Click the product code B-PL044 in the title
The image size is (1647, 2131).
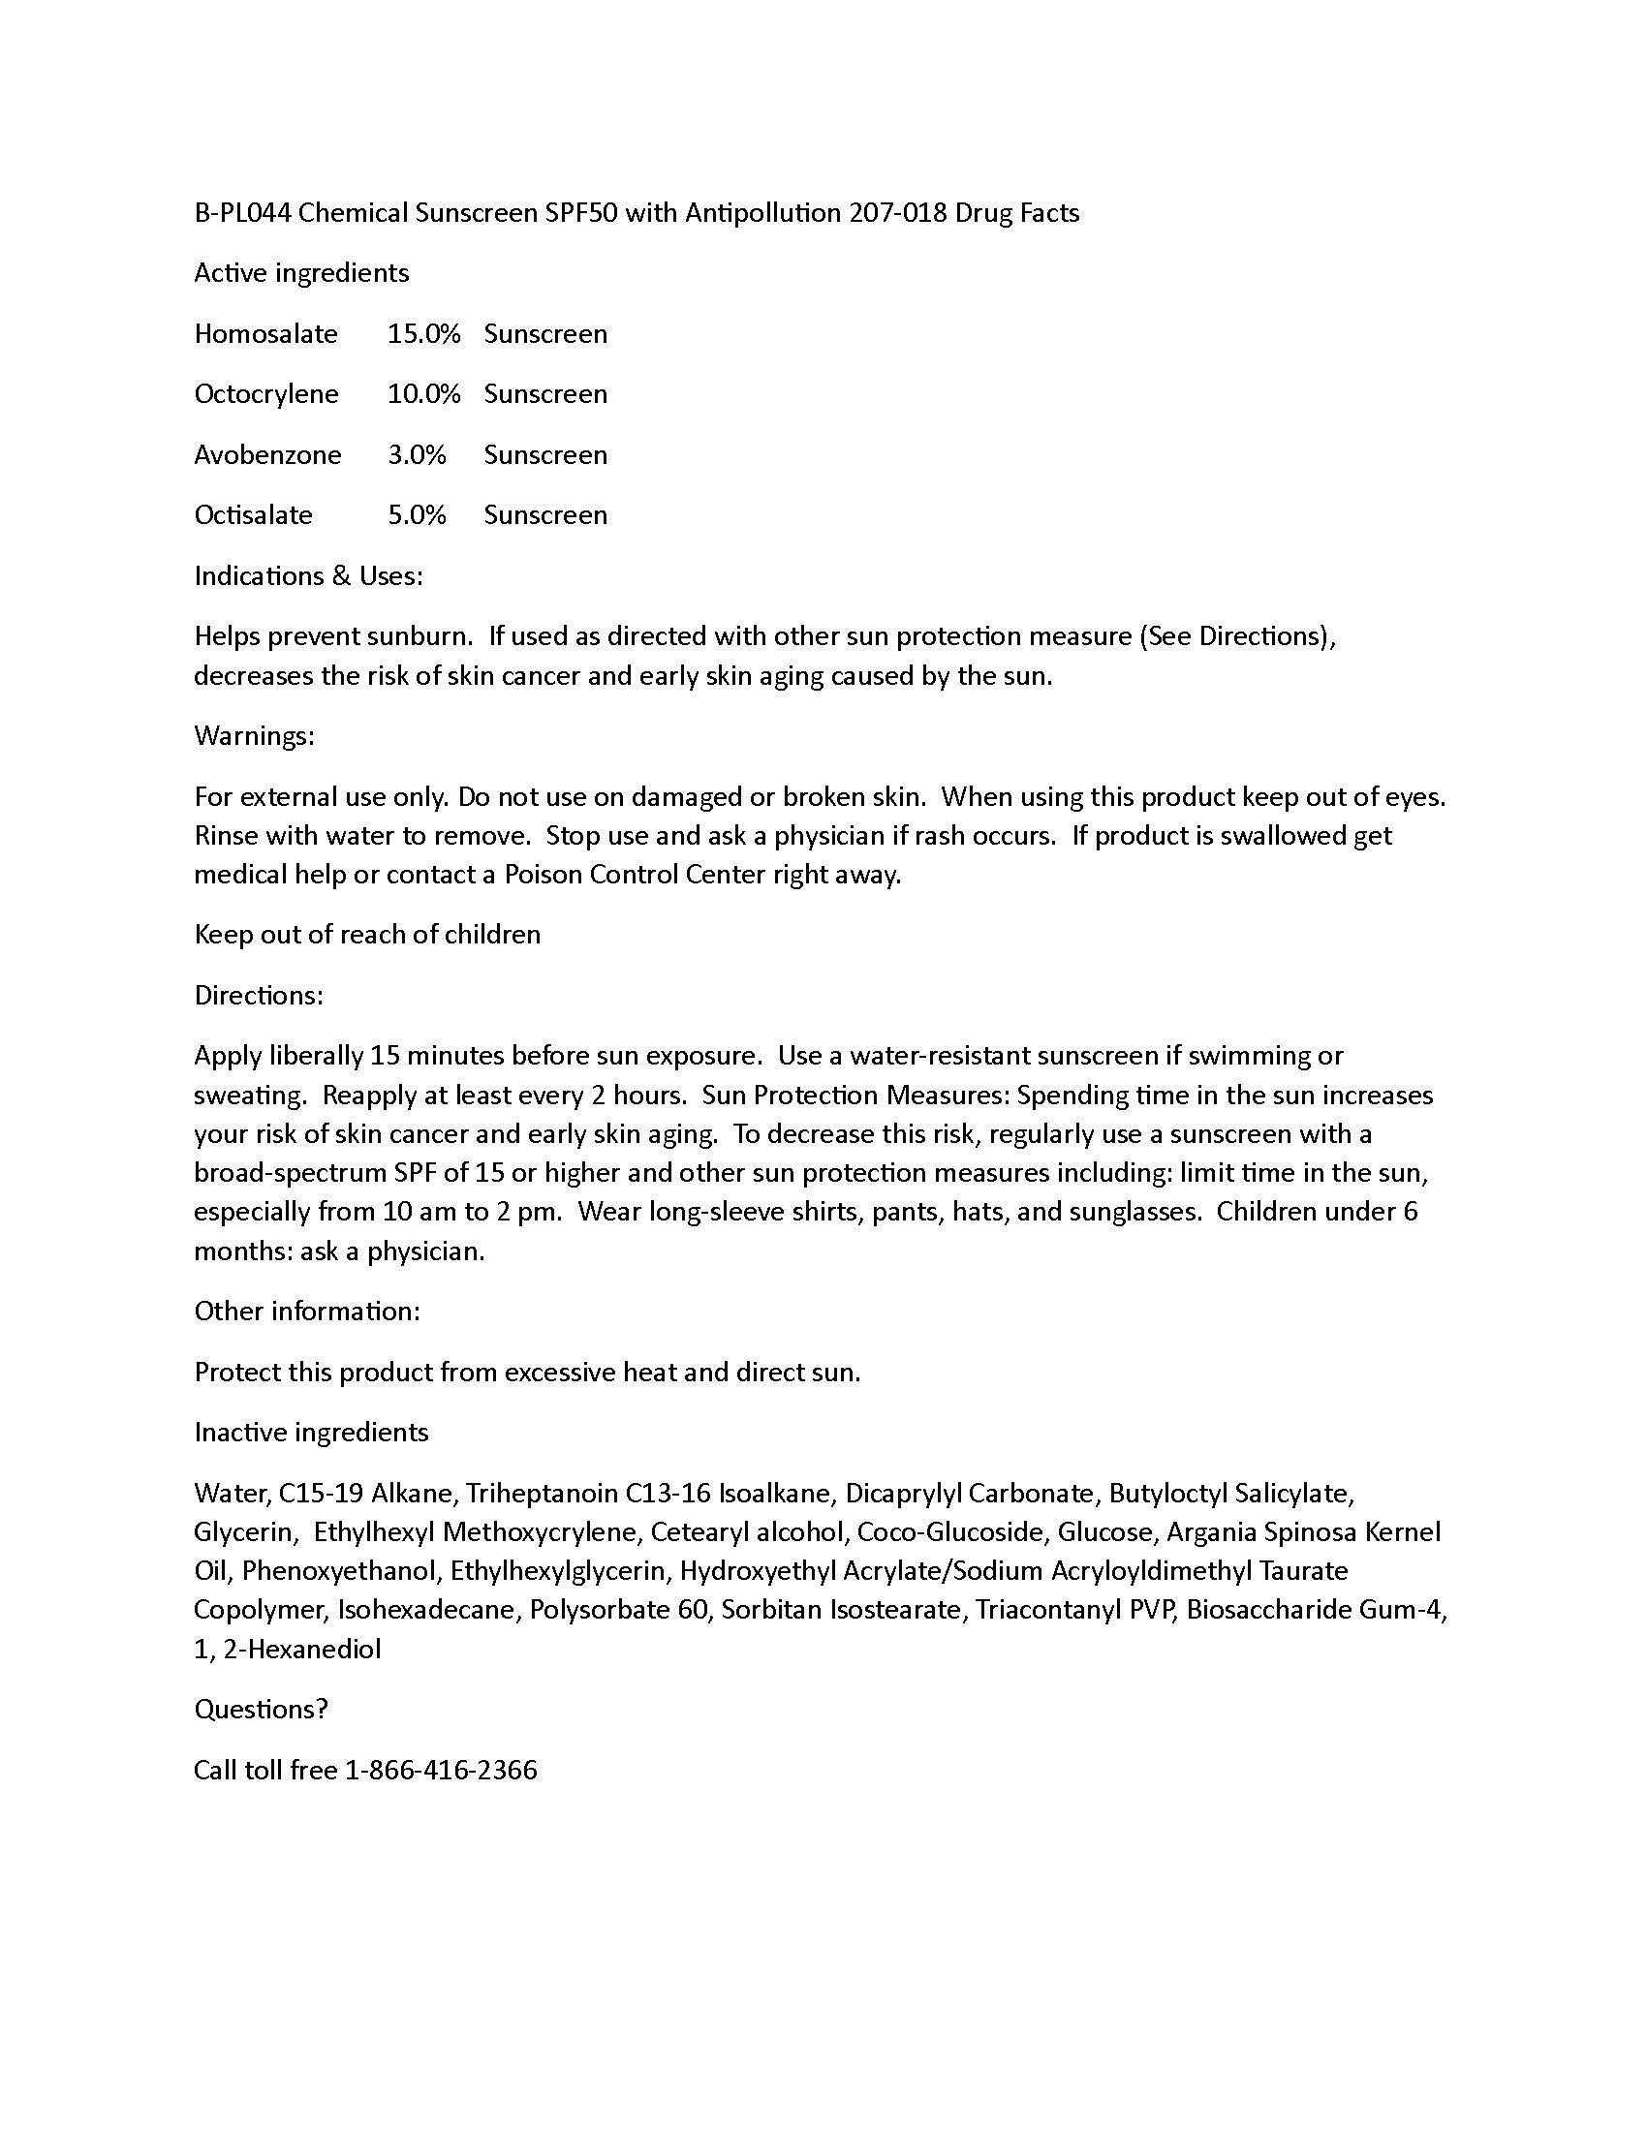[x=243, y=213]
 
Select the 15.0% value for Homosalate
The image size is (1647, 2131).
[x=423, y=334]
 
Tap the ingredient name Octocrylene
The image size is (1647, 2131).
[x=266, y=394]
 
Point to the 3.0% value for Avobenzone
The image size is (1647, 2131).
[x=417, y=454]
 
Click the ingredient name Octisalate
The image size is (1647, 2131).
[x=254, y=515]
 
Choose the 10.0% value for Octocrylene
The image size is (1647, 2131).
[x=423, y=394]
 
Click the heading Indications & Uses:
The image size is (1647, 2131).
[x=308, y=575]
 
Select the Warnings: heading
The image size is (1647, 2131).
[x=254, y=736]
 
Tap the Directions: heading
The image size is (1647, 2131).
[x=259, y=995]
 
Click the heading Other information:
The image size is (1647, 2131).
[x=307, y=1312]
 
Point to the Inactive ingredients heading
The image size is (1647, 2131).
[x=311, y=1433]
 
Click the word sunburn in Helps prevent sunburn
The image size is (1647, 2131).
[x=420, y=636]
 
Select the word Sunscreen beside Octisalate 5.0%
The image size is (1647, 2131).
[x=545, y=515]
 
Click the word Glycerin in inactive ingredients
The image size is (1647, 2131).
[x=243, y=1532]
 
